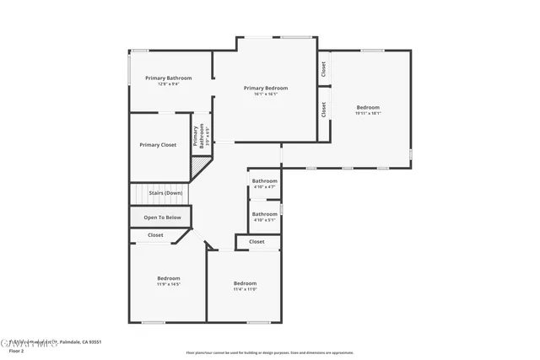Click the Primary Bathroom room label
pyautogui.click(x=168, y=78)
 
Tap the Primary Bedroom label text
pyautogui.click(x=266, y=88)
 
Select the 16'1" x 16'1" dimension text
pyautogui.click(x=266, y=94)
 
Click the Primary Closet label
pyautogui.click(x=158, y=145)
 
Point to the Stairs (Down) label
pyautogui.click(x=165, y=193)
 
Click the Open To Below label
pyautogui.click(x=162, y=218)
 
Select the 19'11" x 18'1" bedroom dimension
pyautogui.click(x=368, y=113)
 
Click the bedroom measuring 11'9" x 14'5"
pyautogui.click(x=168, y=280)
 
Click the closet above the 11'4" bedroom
pyautogui.click(x=256, y=242)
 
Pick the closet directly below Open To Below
pyautogui.click(x=156, y=235)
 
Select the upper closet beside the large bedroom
pyautogui.click(x=323, y=69)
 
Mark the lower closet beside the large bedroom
pyautogui.click(x=323, y=110)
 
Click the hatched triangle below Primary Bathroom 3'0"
pyautogui.click(x=199, y=167)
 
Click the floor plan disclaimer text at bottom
pyautogui.click(x=270, y=352)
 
